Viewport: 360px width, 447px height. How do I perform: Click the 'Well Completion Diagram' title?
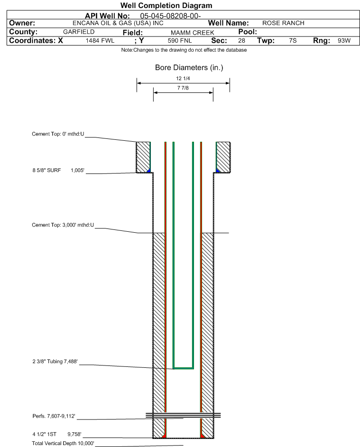[166, 5]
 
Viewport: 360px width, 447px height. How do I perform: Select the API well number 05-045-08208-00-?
[170, 16]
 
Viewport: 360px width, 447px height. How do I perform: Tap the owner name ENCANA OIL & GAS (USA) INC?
[118, 23]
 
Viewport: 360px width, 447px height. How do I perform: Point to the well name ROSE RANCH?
[283, 23]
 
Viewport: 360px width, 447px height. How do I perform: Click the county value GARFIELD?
[79, 32]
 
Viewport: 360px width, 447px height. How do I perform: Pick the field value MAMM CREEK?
[192, 33]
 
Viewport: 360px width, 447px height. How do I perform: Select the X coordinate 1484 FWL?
[100, 40]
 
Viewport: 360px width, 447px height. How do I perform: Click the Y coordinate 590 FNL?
[180, 40]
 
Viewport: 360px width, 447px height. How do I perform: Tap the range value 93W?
[344, 40]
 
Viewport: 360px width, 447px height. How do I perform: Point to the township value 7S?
[293, 40]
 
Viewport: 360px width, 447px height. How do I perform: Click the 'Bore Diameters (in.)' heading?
[189, 68]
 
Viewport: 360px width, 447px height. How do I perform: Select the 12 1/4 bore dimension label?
[183, 78]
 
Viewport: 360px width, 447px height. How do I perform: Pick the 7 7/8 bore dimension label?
[183, 88]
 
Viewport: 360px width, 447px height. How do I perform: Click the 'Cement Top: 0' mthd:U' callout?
[58, 134]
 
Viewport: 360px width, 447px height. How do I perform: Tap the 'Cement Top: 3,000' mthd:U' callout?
[63, 225]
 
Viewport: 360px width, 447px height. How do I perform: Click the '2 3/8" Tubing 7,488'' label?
[55, 362]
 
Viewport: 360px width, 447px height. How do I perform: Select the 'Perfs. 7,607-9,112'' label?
[54, 416]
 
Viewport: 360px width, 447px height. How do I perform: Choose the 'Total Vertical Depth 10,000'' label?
[63, 443]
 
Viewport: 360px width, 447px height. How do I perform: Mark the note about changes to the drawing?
[184, 50]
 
